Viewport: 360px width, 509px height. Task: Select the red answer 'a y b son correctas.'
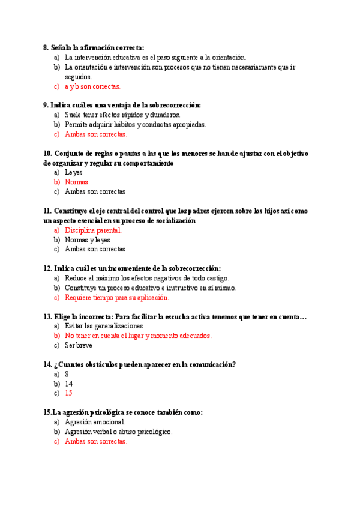click(92, 86)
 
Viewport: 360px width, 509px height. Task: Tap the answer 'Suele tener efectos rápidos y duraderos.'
click(122, 115)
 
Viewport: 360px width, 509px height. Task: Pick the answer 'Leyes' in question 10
click(74, 172)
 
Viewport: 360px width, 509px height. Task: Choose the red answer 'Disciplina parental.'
click(93, 230)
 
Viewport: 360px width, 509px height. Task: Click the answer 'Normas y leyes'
click(88, 239)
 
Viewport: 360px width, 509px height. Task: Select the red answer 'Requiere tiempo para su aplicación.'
click(117, 297)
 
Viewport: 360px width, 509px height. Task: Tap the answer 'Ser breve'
click(79, 345)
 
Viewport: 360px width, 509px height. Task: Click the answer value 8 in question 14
click(67, 374)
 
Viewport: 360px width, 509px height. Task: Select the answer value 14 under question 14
click(68, 384)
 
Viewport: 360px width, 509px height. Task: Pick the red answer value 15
click(68, 393)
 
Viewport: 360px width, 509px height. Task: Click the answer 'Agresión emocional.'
click(95, 422)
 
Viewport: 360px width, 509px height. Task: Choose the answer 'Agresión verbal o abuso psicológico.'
click(119, 432)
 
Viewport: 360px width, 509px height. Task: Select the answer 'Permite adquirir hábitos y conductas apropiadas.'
click(136, 124)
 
